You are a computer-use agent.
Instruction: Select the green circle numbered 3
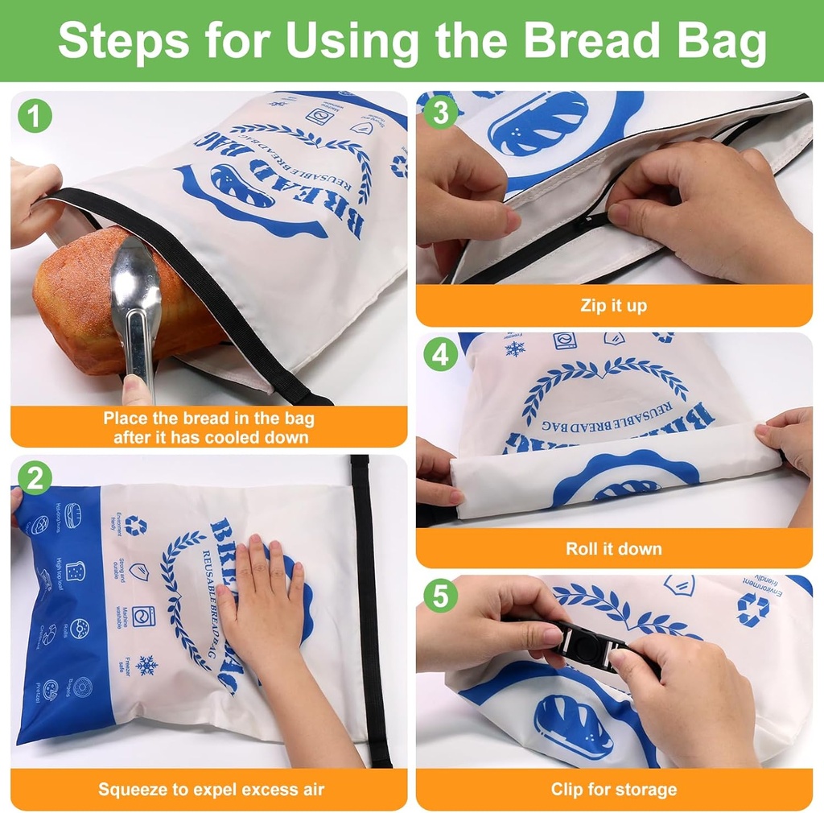440,113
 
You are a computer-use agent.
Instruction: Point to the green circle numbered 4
440,354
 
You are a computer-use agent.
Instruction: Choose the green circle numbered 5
440,596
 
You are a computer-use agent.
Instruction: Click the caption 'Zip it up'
613,306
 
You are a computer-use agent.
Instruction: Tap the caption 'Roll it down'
613,549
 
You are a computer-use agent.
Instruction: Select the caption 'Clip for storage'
613,790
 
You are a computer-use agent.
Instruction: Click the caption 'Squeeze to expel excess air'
211,790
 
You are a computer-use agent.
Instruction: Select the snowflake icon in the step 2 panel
146,665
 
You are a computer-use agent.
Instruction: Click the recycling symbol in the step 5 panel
752,609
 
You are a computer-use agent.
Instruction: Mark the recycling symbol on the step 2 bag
136,526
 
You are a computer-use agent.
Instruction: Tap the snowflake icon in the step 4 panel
514,349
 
